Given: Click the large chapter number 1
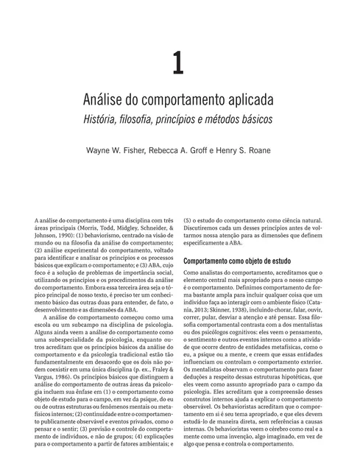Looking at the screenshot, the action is (x=178, y=63).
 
